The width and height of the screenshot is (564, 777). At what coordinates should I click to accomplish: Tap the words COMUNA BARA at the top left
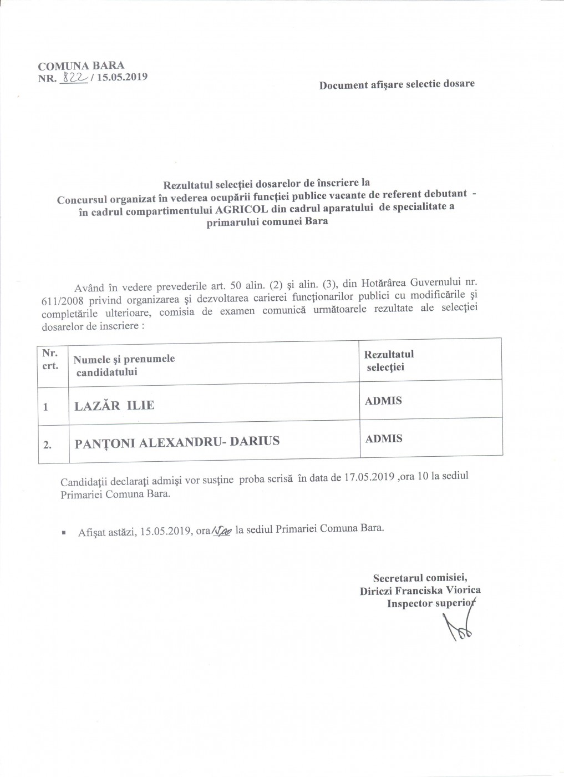81,66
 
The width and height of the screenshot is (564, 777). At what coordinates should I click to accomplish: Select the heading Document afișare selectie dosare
397,84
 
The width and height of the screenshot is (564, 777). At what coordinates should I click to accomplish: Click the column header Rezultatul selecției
388,360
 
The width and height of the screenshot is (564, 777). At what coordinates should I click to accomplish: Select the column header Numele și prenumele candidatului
124,365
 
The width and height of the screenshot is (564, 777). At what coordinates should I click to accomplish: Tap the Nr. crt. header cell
50,359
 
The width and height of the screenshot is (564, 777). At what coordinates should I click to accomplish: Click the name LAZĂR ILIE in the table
114,405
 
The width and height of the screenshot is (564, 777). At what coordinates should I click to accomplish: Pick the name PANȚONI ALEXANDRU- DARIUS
177,442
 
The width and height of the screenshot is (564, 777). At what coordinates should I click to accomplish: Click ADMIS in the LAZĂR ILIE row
383,401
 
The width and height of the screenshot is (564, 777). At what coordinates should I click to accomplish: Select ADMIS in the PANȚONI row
384,438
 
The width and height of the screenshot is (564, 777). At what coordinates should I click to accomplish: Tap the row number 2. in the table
48,444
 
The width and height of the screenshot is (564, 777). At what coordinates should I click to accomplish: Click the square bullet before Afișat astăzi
64,533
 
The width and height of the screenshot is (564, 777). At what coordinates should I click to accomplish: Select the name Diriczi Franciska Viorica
420,591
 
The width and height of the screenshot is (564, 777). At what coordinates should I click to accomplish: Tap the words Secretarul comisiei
420,578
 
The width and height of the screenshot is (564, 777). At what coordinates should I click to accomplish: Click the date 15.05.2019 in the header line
122,77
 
